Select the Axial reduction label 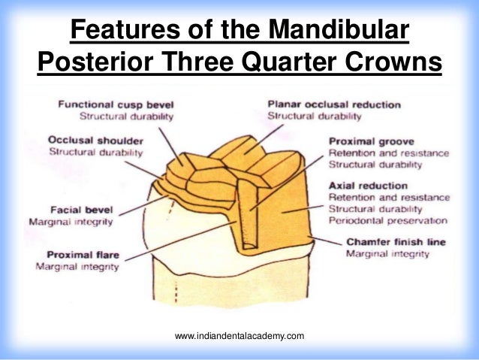[368, 186]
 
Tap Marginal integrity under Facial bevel [71, 223]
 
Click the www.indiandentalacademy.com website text [239, 335]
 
